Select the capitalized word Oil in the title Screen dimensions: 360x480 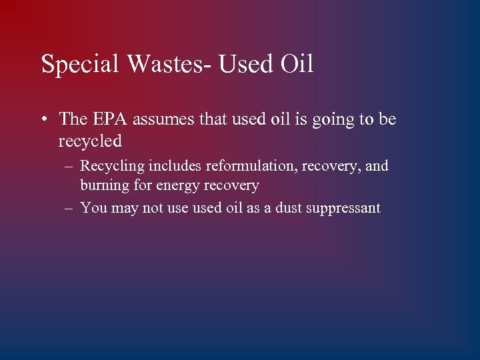coord(295,65)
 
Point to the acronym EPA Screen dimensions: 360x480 coord(108,119)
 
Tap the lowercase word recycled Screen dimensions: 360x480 coord(90,141)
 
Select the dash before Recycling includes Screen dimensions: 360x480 coord(69,166)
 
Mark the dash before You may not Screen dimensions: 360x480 coord(69,208)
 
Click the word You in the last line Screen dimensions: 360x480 coord(93,208)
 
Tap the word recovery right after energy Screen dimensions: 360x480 coord(230,186)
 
